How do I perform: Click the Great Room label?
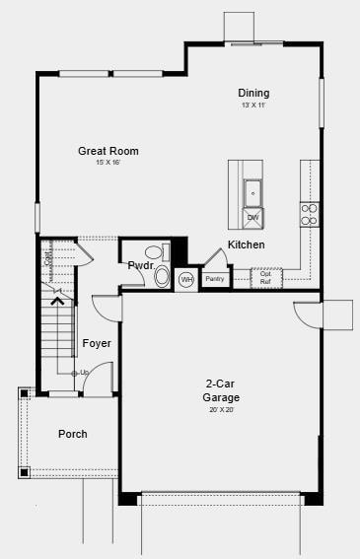[x=108, y=151]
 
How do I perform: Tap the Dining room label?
[x=253, y=94]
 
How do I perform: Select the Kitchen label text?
[x=246, y=245]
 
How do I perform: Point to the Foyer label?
[x=97, y=343]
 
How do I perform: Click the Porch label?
[x=72, y=434]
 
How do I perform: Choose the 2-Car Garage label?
[x=222, y=390]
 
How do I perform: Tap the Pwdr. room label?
[x=138, y=265]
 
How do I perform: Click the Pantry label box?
[x=214, y=279]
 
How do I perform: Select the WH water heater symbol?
[x=186, y=280]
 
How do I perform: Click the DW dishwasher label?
[x=252, y=217]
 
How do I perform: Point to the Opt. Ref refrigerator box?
[x=265, y=278]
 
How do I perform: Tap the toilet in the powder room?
[x=162, y=276]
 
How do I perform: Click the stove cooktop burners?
[x=310, y=214]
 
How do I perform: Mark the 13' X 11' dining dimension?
[x=253, y=105]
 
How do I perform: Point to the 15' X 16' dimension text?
[x=108, y=163]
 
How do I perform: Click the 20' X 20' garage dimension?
[x=222, y=409]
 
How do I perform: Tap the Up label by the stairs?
[x=84, y=373]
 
